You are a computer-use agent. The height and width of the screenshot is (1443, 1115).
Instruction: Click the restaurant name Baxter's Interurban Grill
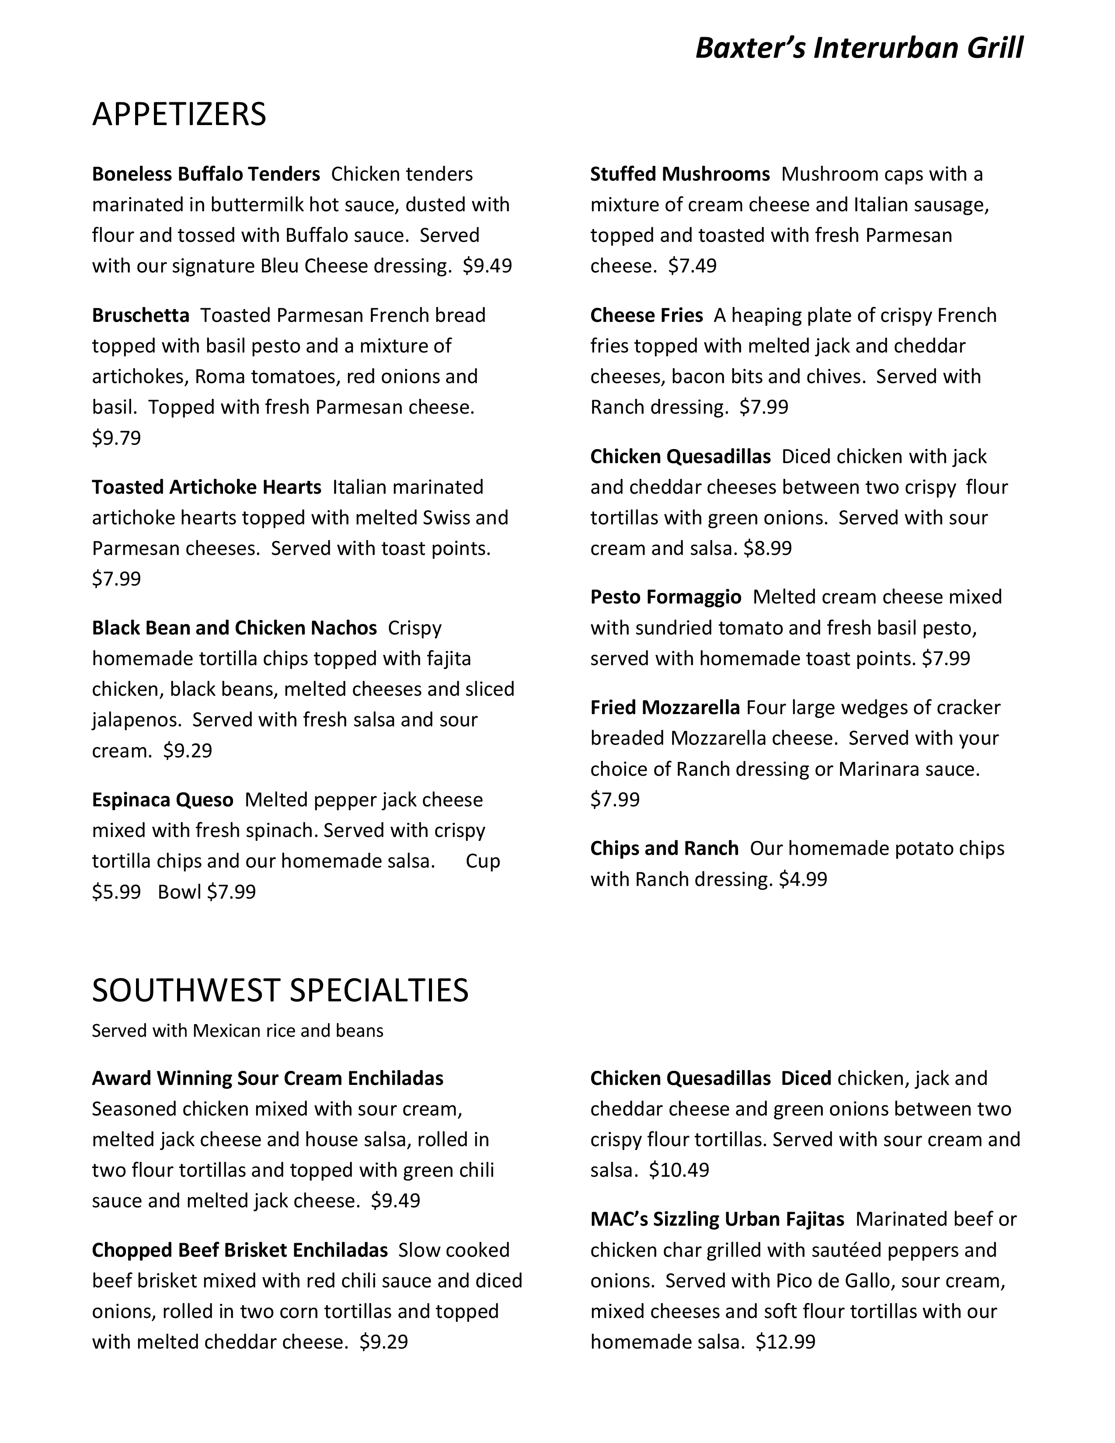(x=859, y=48)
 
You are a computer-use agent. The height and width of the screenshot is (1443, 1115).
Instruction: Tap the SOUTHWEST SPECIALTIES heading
(x=280, y=990)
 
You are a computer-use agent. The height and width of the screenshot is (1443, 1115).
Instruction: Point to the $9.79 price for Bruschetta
(x=116, y=438)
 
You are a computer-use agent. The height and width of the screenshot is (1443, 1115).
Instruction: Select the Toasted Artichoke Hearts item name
(x=206, y=487)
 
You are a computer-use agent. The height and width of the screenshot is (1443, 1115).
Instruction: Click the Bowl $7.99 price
(x=207, y=892)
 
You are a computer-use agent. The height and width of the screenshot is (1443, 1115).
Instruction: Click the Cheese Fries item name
(x=646, y=315)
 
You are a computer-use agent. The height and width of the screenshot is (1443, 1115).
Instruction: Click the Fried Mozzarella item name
(x=665, y=708)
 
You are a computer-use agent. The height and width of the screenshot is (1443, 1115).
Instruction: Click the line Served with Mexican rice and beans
(x=237, y=1031)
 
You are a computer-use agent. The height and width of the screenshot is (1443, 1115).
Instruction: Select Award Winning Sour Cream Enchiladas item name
(x=268, y=1078)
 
